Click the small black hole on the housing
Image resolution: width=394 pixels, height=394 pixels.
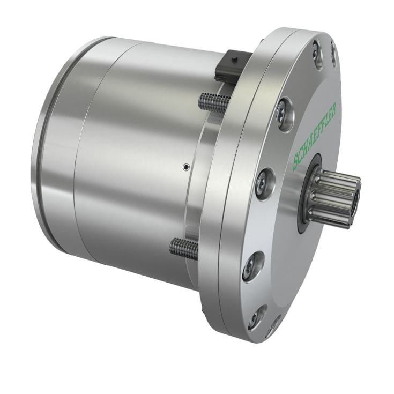point(185,167)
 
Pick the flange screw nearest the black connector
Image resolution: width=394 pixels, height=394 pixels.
point(285,114)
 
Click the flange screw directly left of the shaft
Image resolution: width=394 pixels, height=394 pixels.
point(266,183)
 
